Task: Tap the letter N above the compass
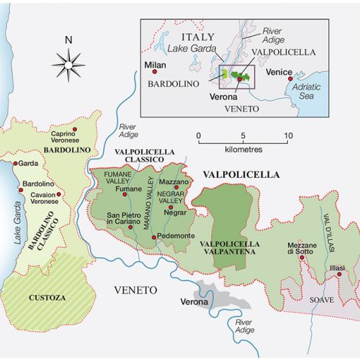(x=68, y=40)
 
